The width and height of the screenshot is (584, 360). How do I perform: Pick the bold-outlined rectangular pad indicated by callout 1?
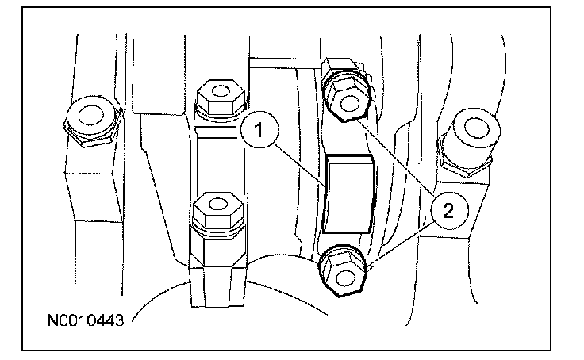(x=349, y=193)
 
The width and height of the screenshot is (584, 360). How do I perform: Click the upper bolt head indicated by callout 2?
(x=347, y=94)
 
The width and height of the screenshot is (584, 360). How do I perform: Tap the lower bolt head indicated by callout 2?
(x=342, y=270)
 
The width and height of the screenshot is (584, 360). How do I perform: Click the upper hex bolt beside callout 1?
(x=220, y=97)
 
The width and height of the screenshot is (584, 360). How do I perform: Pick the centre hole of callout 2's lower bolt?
(x=341, y=274)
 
